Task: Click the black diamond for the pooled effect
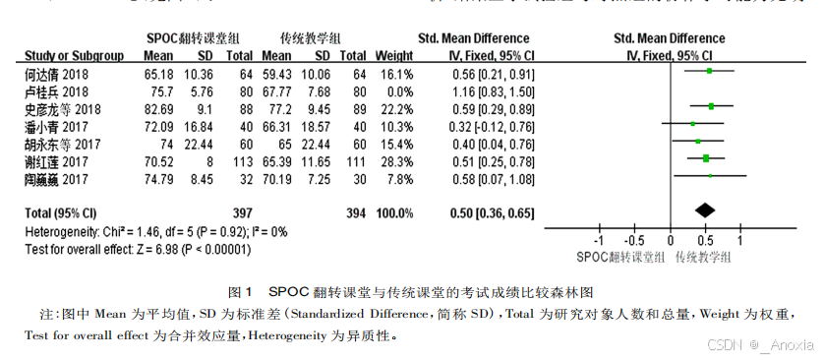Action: (x=704, y=210)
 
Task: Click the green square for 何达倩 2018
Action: (x=709, y=71)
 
